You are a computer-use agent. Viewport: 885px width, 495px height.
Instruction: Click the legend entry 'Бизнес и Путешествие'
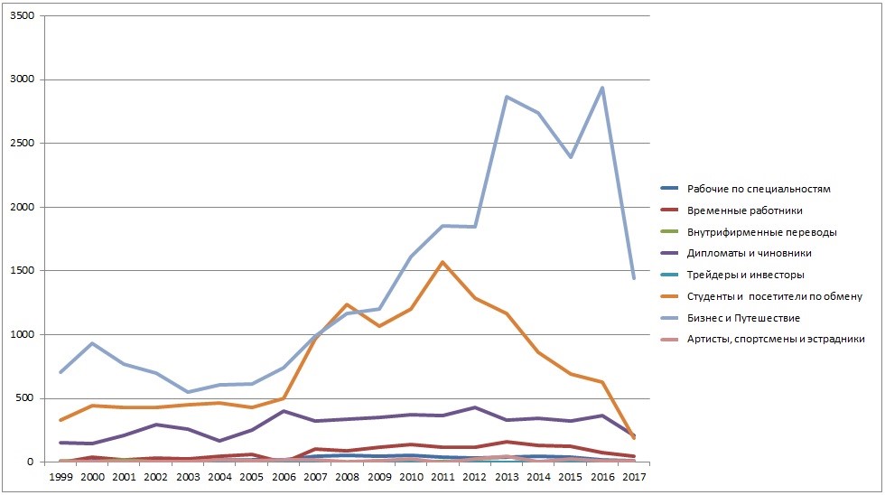click(x=743, y=318)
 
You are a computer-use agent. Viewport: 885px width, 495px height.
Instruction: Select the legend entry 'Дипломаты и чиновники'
click(x=749, y=253)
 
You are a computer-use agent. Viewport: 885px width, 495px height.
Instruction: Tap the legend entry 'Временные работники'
click(x=745, y=210)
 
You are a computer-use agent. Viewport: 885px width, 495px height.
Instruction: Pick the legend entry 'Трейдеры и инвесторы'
click(x=745, y=275)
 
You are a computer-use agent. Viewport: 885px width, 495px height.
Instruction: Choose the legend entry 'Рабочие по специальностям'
click(x=758, y=189)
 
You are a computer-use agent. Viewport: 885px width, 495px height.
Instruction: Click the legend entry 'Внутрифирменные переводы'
click(x=761, y=231)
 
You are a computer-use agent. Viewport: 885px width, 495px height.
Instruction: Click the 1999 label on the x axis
click(x=61, y=475)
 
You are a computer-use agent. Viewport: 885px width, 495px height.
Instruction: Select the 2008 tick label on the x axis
click(x=347, y=475)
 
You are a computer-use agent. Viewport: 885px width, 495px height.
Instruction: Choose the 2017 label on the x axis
click(x=633, y=475)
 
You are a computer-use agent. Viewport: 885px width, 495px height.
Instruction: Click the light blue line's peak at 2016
click(x=601, y=88)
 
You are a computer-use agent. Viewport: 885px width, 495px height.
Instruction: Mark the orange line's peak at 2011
click(x=442, y=262)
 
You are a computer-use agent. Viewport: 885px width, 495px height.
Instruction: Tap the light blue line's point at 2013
click(x=507, y=97)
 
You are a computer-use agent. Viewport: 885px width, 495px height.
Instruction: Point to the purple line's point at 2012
click(x=474, y=407)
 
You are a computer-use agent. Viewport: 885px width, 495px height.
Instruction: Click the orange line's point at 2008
click(x=347, y=304)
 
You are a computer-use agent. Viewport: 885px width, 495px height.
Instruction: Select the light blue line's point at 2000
click(x=92, y=343)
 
